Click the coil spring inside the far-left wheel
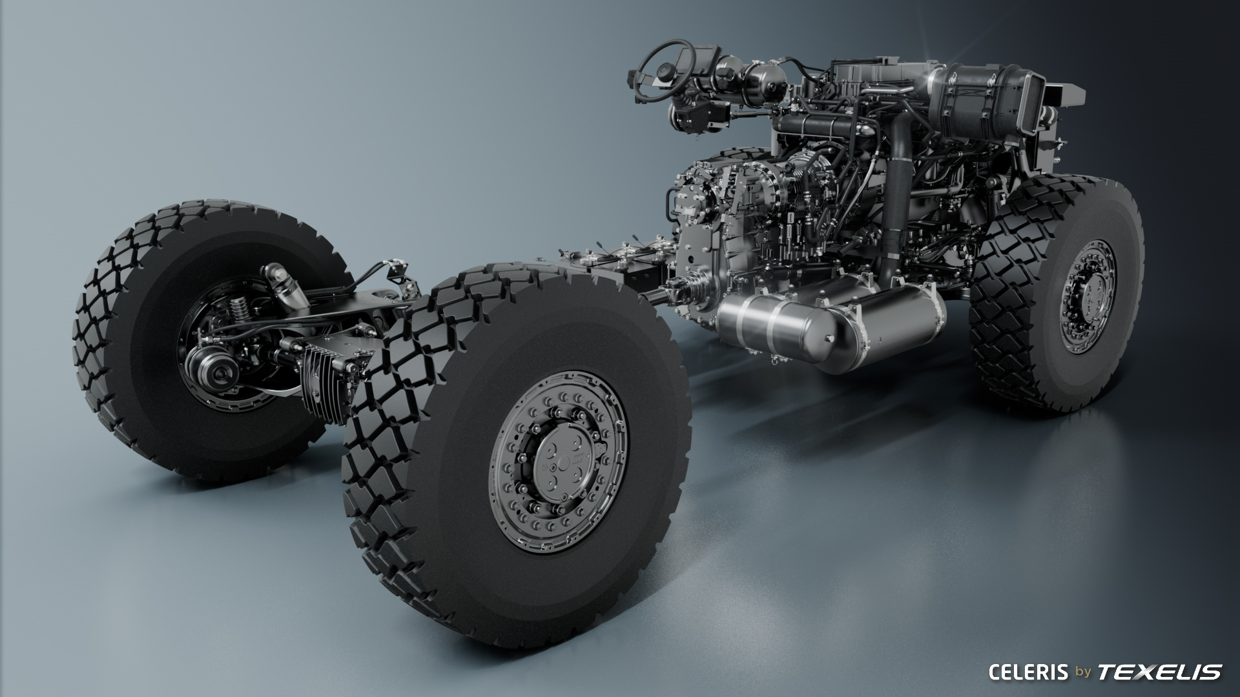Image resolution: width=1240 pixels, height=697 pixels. pyautogui.click(x=240, y=310)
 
